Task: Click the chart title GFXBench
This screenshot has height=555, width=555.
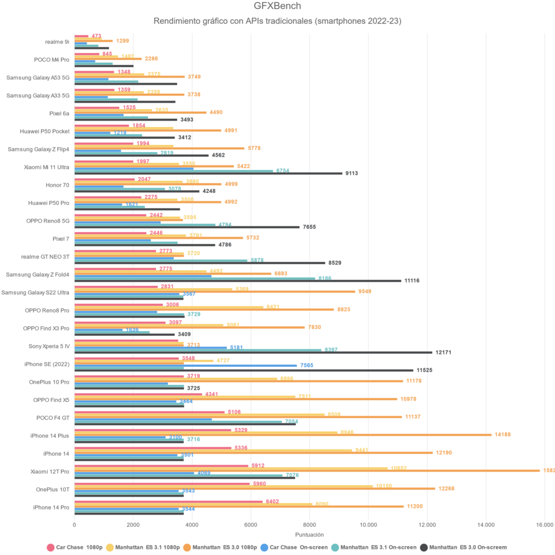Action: point(277,7)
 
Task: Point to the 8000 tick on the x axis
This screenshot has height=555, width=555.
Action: point(310,524)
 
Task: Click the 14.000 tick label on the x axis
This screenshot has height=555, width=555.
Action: point(486,524)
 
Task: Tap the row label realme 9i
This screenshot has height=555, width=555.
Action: point(57,42)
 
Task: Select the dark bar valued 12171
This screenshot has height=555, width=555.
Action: point(253,352)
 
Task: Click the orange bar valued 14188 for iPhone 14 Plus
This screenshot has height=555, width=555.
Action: point(283,435)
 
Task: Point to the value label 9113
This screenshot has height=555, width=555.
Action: point(351,173)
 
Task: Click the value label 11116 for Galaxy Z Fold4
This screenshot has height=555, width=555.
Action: point(412,281)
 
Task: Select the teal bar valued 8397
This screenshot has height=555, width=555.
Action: point(198,350)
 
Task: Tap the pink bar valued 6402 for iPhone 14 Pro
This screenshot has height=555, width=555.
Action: point(168,502)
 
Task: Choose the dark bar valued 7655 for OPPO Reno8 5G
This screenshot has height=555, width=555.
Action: point(187,227)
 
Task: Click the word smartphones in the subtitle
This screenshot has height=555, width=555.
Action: point(339,22)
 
